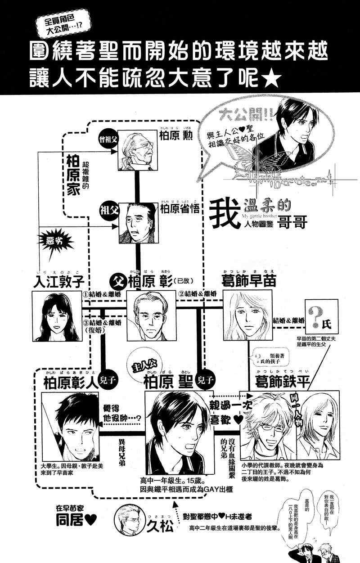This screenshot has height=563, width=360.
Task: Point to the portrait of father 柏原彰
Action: pyautogui.click(x=149, y=316)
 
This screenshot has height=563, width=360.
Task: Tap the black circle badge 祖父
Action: pyautogui.click(x=109, y=210)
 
